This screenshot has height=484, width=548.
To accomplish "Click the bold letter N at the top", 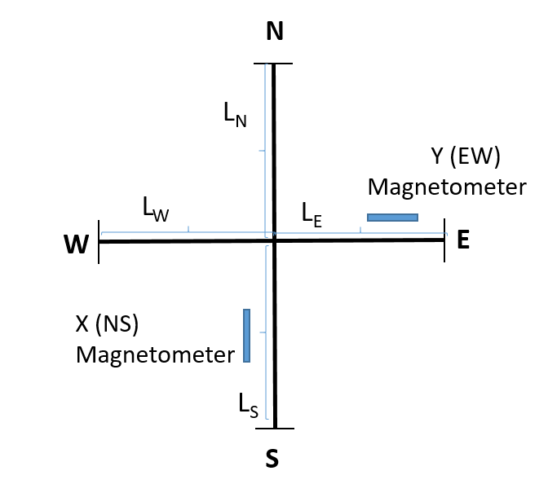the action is [x=275, y=32].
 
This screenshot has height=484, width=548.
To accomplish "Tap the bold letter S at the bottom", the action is [x=272, y=459].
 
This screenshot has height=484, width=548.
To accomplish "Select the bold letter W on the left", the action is [x=76, y=244].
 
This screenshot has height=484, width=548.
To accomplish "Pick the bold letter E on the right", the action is [x=463, y=240].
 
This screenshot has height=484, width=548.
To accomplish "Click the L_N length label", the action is [x=235, y=115].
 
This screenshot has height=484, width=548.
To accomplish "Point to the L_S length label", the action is [x=249, y=406].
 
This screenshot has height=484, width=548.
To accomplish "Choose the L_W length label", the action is [x=156, y=209].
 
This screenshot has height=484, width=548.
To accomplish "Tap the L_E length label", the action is [x=312, y=215].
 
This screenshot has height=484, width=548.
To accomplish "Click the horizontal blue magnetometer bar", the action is [x=392, y=218].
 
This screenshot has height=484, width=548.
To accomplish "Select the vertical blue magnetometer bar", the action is [x=247, y=336].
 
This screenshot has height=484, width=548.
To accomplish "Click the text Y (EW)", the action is [x=466, y=156].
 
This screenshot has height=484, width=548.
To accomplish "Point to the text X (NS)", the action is [x=107, y=323].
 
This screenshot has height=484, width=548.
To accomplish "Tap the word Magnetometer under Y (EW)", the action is [x=447, y=187].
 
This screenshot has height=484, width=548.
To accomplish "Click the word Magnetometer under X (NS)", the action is [x=156, y=355].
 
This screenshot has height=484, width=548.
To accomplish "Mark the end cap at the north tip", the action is [x=273, y=64].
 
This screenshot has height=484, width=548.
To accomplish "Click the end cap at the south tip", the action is [x=275, y=428].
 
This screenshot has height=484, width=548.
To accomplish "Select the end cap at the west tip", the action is [x=99, y=242].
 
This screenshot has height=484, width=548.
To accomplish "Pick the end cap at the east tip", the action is [x=444, y=240].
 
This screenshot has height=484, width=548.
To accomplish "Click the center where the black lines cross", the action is [x=274, y=240].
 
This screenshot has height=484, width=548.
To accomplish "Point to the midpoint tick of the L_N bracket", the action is [x=262, y=151].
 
